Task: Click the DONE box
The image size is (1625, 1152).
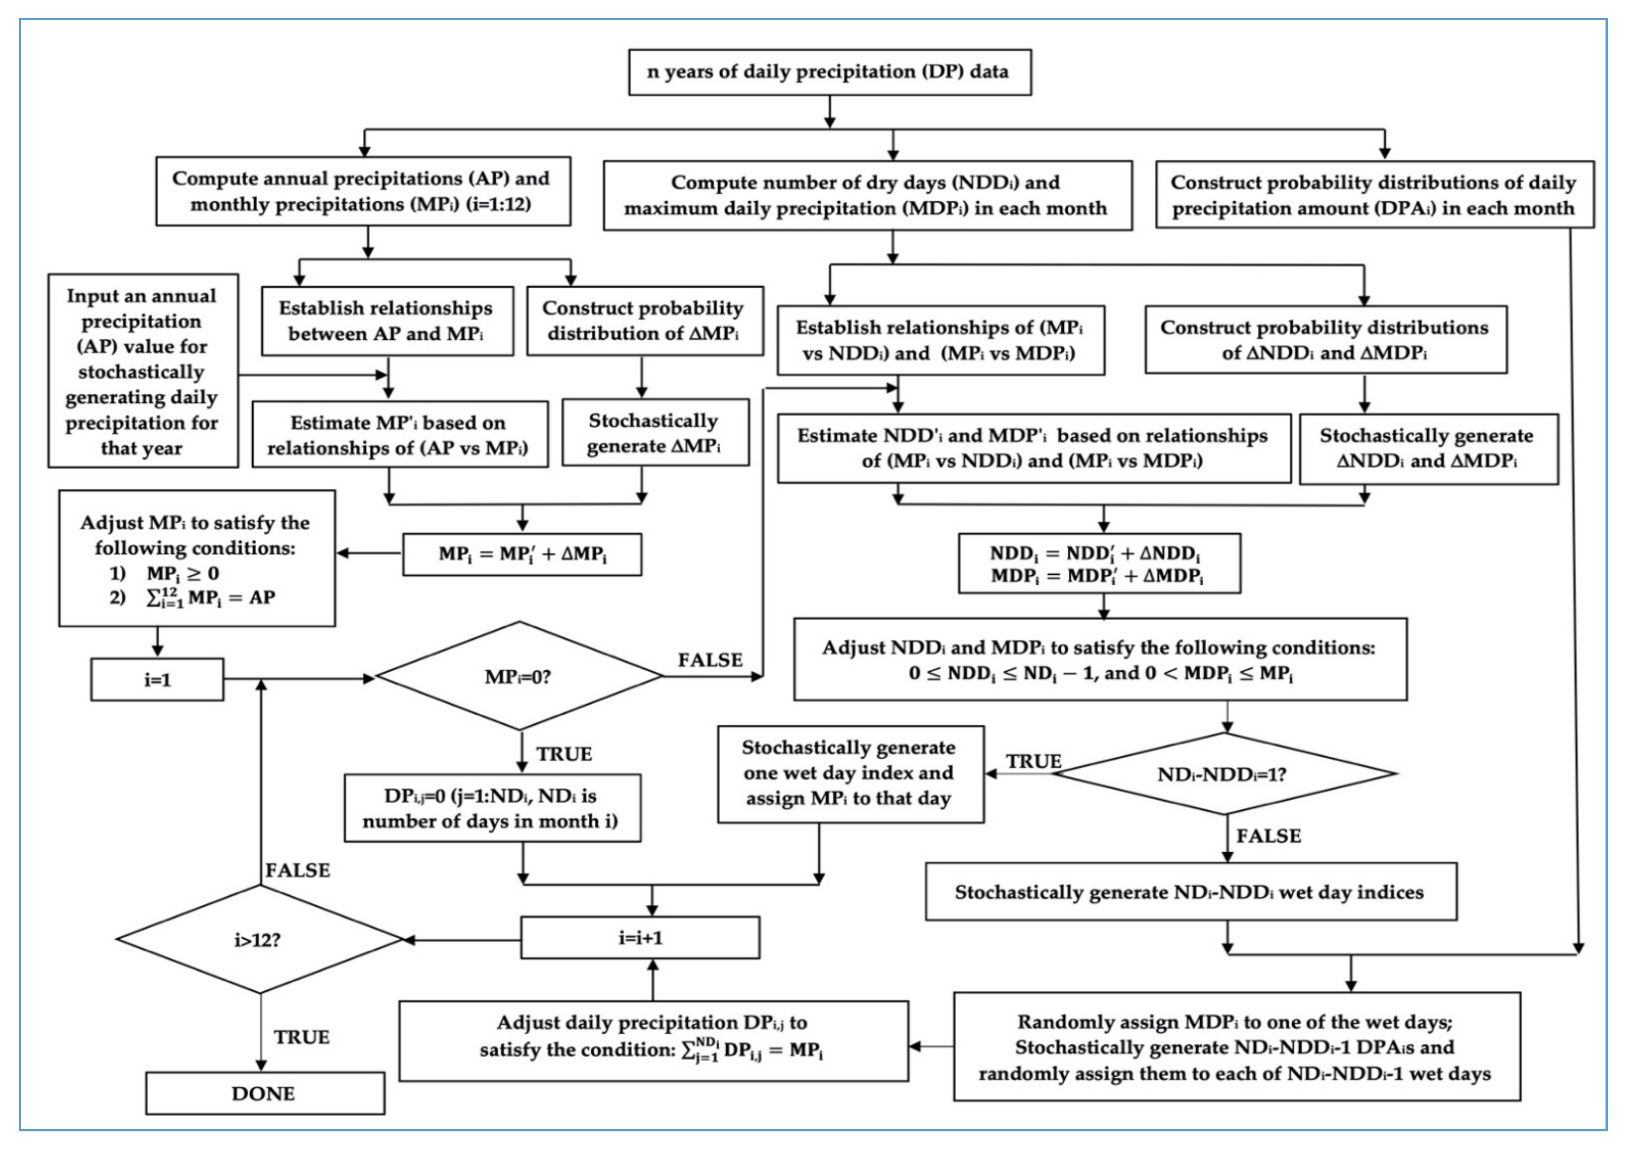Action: point(265,1093)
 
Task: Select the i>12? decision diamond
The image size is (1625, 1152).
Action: point(260,939)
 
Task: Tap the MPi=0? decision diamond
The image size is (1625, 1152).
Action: point(520,676)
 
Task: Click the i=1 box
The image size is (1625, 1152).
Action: point(157,679)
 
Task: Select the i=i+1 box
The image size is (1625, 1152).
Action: point(640,938)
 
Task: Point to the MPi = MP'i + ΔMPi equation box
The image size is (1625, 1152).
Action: point(522,554)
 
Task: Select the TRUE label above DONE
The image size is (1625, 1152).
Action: point(302,1037)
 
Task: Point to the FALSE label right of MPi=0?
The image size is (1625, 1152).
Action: point(711,660)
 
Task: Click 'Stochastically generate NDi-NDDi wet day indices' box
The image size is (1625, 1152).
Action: point(1191,892)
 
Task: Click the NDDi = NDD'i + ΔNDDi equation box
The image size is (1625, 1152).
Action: point(1100,563)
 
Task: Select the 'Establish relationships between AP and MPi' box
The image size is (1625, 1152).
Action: point(387,321)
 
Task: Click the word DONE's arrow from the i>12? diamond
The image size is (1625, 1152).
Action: point(261,1033)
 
